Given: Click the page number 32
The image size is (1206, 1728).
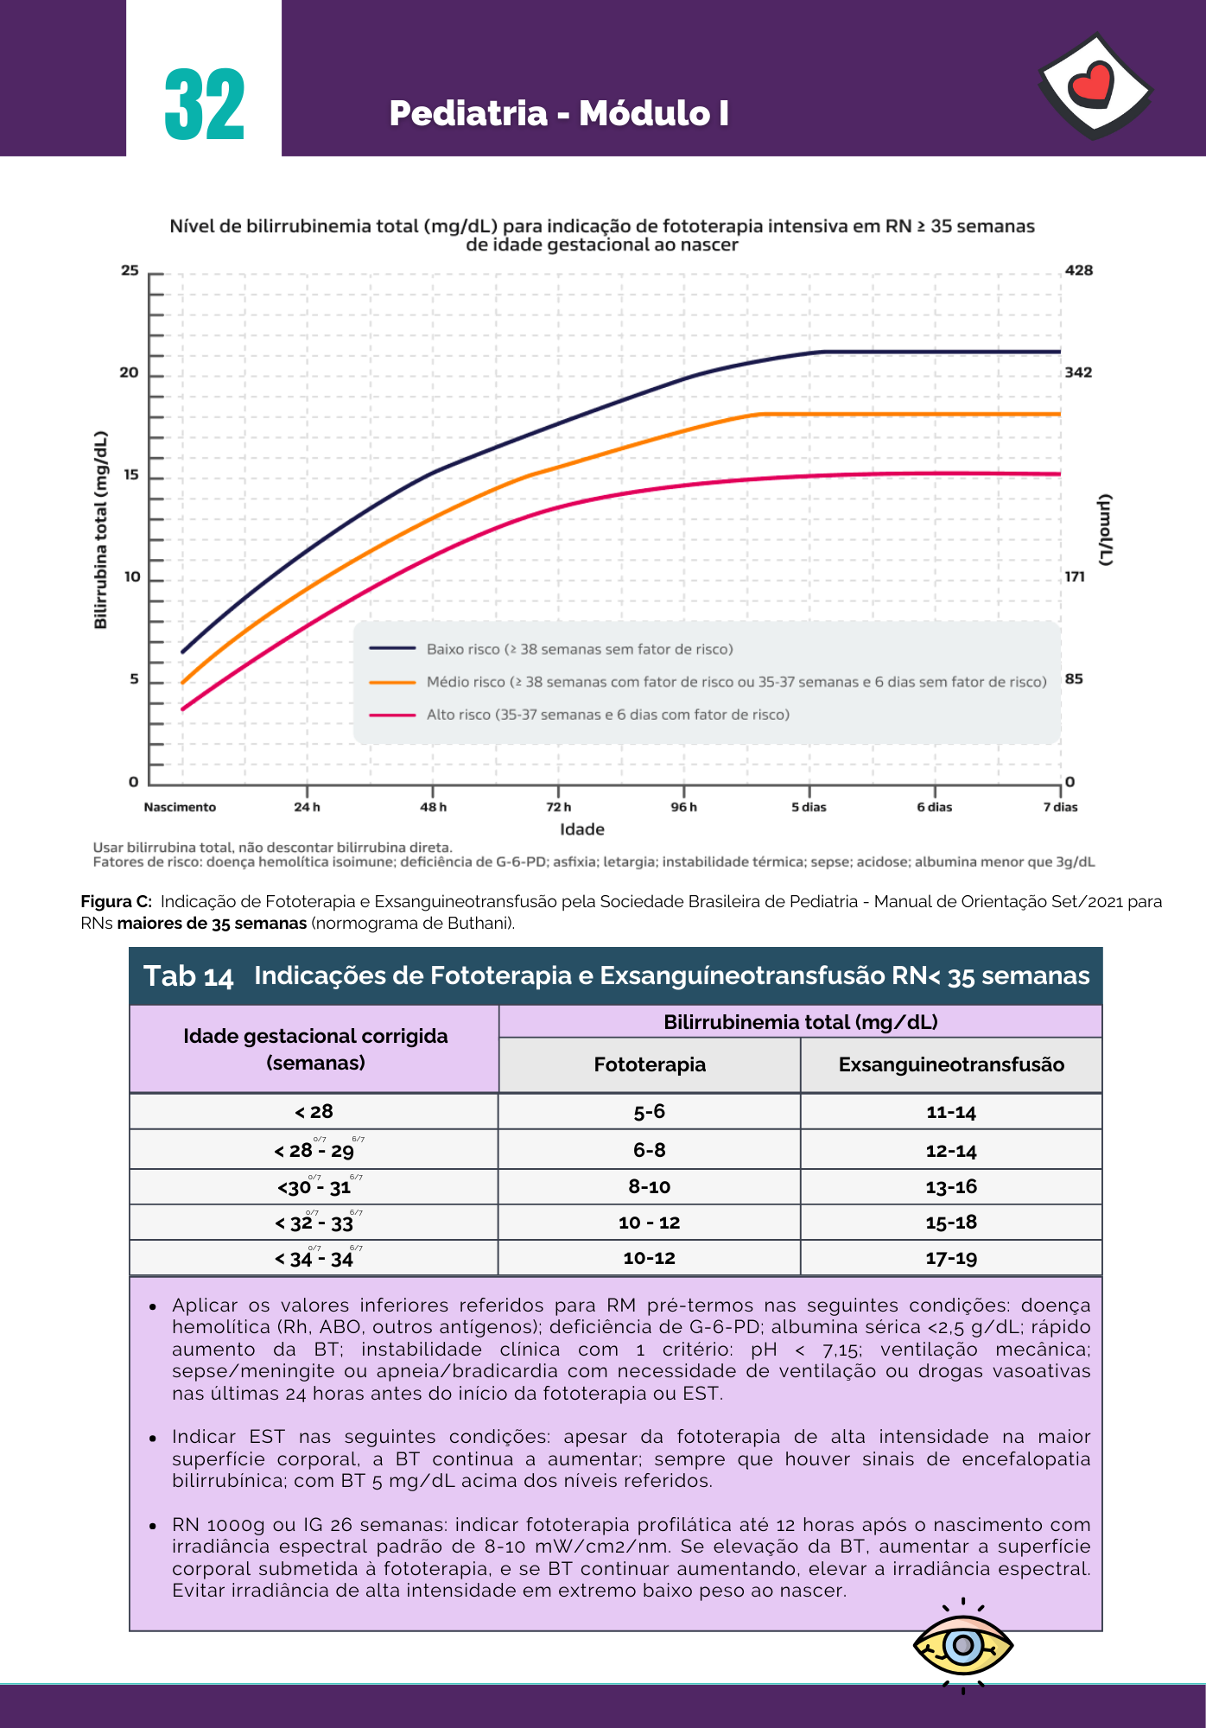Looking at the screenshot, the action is [x=205, y=105].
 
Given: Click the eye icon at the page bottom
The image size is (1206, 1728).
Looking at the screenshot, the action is [x=963, y=1646].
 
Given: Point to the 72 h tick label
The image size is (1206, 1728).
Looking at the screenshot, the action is [x=559, y=807].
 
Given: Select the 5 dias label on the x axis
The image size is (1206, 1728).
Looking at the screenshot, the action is [x=809, y=807].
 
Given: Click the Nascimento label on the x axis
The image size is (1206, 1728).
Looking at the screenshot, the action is [x=180, y=807].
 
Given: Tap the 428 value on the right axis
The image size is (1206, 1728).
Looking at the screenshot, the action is [x=1079, y=270].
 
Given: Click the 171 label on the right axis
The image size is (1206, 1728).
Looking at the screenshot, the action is [x=1075, y=576].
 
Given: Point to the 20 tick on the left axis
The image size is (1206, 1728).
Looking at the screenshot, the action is [x=129, y=372].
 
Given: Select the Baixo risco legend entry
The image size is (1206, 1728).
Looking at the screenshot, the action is [x=580, y=649].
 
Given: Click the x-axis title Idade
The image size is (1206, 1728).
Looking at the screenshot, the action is [x=582, y=829].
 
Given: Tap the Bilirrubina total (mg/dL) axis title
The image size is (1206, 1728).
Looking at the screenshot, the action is [x=101, y=530].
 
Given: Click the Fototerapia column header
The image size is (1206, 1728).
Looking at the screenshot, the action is [x=650, y=1064].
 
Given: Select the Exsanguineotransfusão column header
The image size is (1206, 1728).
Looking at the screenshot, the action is [x=951, y=1064].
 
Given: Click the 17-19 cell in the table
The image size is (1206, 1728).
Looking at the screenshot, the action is [x=951, y=1258].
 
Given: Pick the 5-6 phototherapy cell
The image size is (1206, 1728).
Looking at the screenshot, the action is [x=650, y=1111].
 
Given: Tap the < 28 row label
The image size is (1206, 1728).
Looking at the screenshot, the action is [x=314, y=1111].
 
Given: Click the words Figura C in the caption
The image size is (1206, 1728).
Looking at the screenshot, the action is [x=116, y=901].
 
